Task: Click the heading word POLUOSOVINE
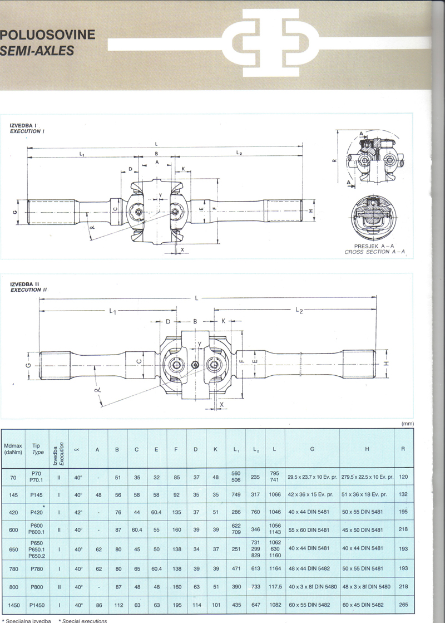click(48, 36)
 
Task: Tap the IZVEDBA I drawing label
click(23, 126)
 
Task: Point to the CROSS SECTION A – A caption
click(377, 252)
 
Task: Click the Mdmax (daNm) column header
click(14, 449)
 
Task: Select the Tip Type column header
click(37, 449)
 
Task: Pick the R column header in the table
click(402, 449)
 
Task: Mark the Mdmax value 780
click(14, 568)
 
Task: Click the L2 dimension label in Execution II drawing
click(299, 309)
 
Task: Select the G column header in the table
click(312, 449)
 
